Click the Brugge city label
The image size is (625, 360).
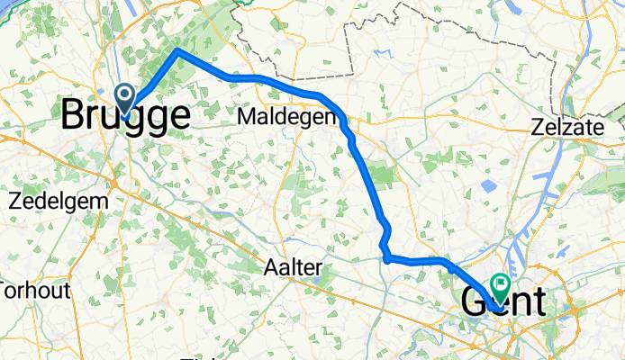tap(126, 117)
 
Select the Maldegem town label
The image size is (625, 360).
tap(282, 117)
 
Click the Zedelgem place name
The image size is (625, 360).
tap(57, 200)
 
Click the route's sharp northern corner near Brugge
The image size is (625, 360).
tap(178, 52)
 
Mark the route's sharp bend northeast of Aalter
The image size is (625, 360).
tap(386, 259)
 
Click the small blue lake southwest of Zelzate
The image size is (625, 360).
tap(489, 186)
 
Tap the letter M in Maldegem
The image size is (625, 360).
tap(245, 117)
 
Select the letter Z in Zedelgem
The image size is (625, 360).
tap(15, 200)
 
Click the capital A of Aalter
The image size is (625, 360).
tap(271, 266)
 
